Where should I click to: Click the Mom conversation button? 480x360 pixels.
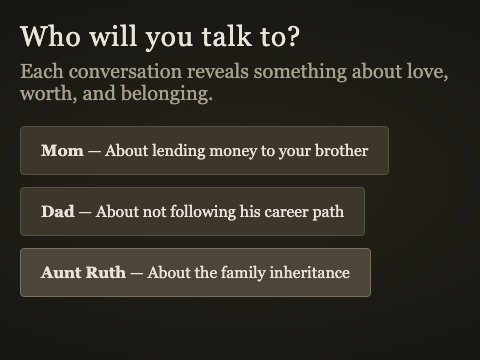point(204,151)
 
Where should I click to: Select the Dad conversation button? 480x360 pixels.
point(192,212)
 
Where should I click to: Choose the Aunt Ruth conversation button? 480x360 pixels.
point(195,273)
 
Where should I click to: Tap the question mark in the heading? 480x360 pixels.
point(293,37)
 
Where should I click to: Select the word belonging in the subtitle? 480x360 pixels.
point(161,96)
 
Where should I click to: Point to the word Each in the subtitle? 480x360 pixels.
point(41,73)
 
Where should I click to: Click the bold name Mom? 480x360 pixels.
point(62,151)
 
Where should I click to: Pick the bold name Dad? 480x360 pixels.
point(58,212)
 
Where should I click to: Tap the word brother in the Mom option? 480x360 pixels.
point(342,151)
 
